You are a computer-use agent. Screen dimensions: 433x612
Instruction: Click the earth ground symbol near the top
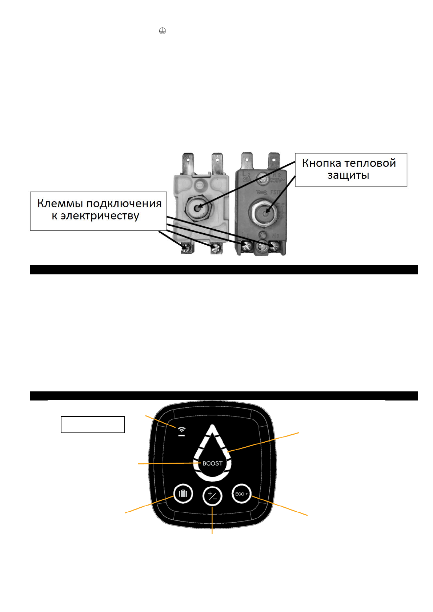pyautogui.click(x=162, y=31)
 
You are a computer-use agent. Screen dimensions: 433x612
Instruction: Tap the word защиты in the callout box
pyautogui.click(x=348, y=175)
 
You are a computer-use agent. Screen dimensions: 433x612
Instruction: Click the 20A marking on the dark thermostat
pyautogui.click(x=247, y=180)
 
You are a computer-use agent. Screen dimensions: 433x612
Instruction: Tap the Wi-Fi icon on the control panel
pyautogui.click(x=181, y=431)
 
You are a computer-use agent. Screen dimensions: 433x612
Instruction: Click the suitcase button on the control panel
pyautogui.click(x=183, y=494)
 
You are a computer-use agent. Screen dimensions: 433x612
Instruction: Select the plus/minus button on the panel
pyautogui.click(x=212, y=496)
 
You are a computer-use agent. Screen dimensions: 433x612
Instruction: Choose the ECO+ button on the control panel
pyautogui.click(x=241, y=494)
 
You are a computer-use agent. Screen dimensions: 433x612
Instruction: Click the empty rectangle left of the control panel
pyautogui.click(x=93, y=424)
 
